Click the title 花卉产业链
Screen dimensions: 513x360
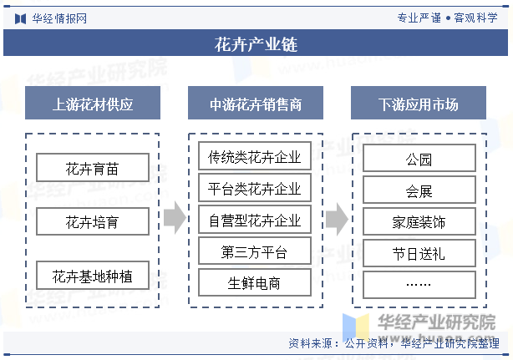pyautogui.click(x=256, y=44)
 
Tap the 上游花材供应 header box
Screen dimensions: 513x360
pyautogui.click(x=93, y=103)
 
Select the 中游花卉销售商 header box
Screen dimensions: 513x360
pyautogui.click(x=256, y=103)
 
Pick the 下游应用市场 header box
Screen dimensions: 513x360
pyautogui.click(x=419, y=103)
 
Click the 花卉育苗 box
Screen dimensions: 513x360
pyautogui.click(x=93, y=167)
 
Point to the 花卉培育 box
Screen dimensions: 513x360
pyautogui.click(x=93, y=221)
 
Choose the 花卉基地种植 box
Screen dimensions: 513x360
pyautogui.click(x=93, y=276)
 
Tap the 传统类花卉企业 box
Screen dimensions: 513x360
pyautogui.click(x=255, y=156)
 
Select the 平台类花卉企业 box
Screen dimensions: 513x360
pyautogui.click(x=255, y=188)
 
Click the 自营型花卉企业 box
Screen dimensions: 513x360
pyautogui.click(x=255, y=220)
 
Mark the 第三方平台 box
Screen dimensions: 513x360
pyautogui.click(x=255, y=251)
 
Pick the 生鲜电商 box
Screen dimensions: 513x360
pyautogui.click(x=255, y=282)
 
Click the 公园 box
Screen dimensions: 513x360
pyautogui.click(x=419, y=158)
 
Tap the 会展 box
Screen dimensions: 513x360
pyautogui.click(x=419, y=190)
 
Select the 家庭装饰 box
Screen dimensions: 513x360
pyautogui.click(x=419, y=221)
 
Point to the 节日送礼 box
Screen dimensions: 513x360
pyautogui.click(x=419, y=253)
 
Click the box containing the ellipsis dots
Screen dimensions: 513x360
pyautogui.click(x=419, y=285)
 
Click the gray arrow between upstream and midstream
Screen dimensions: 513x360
pyautogui.click(x=175, y=218)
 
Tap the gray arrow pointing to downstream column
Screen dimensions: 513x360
pyautogui.click(x=337, y=219)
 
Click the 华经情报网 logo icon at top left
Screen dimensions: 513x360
pyautogui.click(x=20, y=18)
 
